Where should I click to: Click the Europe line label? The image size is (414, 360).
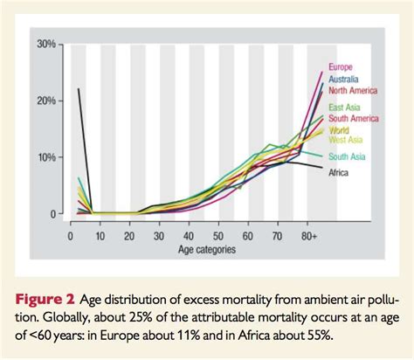340,67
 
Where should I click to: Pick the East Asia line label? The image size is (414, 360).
343,108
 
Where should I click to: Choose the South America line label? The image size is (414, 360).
353,119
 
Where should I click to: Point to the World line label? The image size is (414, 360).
339,129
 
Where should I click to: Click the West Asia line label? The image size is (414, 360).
345,139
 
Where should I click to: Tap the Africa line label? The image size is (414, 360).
339,173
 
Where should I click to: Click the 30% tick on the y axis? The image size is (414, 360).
47,44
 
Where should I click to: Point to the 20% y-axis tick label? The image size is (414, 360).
47,100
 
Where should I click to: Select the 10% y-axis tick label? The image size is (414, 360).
47,157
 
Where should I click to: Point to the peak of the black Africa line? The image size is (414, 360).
79,89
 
